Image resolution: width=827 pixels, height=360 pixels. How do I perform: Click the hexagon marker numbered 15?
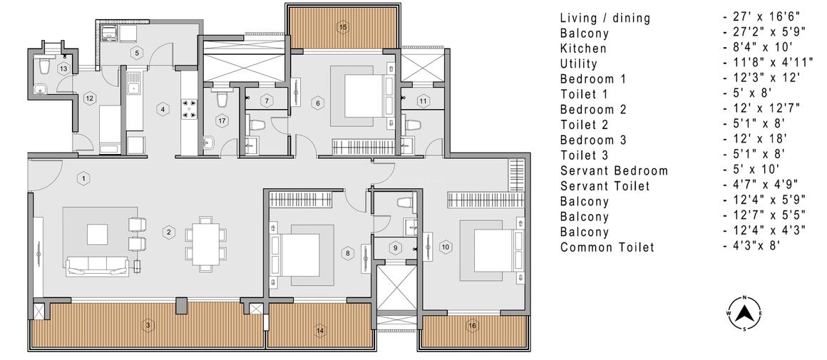coord(343,27)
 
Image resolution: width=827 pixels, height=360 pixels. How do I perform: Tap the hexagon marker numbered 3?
coord(148,326)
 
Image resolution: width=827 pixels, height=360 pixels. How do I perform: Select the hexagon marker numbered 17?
coord(222,120)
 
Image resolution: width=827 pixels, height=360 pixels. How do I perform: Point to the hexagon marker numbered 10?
coord(446,247)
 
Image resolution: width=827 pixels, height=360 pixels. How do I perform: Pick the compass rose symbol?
coord(744,314)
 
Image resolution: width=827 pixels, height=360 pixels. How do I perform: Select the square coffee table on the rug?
coord(96,234)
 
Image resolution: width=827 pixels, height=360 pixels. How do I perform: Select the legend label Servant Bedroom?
coord(614,171)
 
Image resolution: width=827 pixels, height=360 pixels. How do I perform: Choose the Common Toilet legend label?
coord(607,248)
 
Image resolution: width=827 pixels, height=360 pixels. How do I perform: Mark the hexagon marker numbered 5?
coord(138,52)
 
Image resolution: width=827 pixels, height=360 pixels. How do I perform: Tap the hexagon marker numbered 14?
coord(320,331)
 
